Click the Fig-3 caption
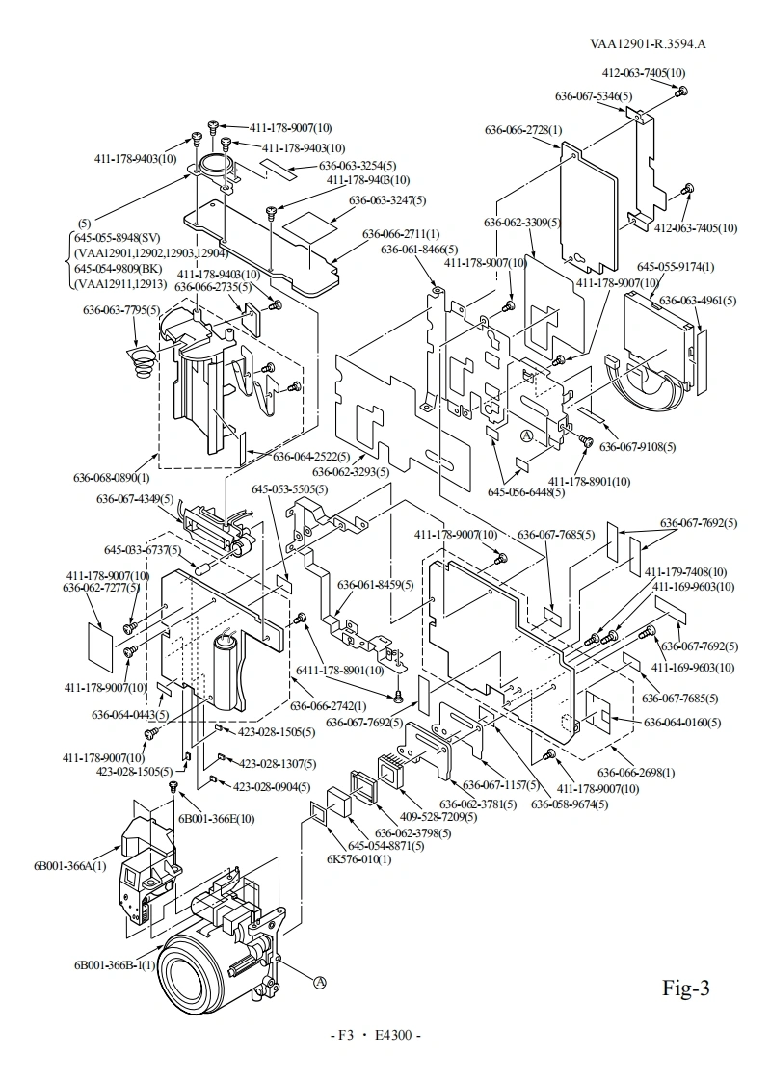pyautogui.click(x=686, y=989)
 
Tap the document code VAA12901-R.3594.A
pyautogui.click(x=648, y=43)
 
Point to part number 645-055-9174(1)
pyautogui.click(x=676, y=266)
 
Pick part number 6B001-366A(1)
pyautogui.click(x=70, y=864)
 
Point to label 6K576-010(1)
pyautogui.click(x=358, y=858)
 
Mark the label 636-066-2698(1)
pyautogui.click(x=636, y=772)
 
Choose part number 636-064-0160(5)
pyautogui.click(x=682, y=723)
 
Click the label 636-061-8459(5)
pyautogui.click(x=375, y=585)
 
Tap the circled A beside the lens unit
pyautogui.click(x=318, y=982)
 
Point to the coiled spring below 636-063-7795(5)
pyautogui.click(x=141, y=365)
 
